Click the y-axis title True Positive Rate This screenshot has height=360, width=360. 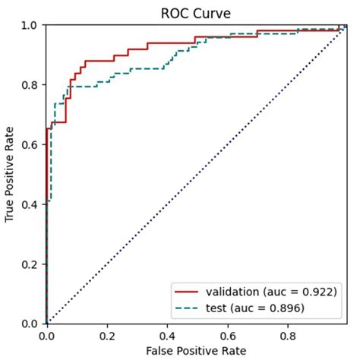tap(11, 174)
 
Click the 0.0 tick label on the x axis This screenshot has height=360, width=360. tap(47, 334)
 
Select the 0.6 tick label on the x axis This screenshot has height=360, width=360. tap(229, 334)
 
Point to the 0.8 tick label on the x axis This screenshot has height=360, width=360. tap(289, 334)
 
